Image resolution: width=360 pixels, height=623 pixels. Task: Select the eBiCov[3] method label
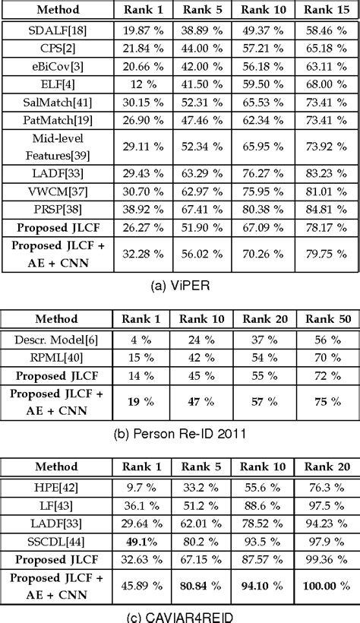click(x=58, y=66)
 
